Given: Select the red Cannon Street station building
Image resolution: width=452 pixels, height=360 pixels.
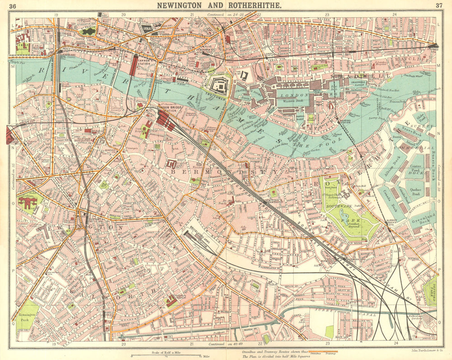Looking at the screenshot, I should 134,65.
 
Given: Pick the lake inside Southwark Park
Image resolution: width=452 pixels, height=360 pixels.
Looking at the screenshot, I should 347,220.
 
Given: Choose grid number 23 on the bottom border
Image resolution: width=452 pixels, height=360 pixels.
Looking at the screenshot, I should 327,344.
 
